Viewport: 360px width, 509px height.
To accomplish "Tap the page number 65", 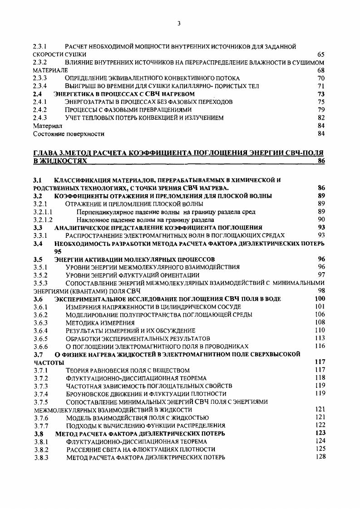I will pos(321,54).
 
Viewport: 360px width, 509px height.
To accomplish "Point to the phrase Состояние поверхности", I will pos(69,134).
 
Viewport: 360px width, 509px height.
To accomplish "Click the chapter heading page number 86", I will pos(321,161).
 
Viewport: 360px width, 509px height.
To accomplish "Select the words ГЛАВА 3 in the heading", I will pos(49,153).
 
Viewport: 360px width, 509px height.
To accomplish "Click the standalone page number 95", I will pos(58,251).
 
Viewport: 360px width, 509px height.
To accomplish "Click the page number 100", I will pos(320,299).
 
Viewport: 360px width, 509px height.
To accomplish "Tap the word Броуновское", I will pos(87,394).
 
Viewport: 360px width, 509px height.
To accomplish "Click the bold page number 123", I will pos(320,433).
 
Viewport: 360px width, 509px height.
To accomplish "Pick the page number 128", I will pos(321,457).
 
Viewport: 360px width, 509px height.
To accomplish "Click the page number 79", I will pos(321,110).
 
